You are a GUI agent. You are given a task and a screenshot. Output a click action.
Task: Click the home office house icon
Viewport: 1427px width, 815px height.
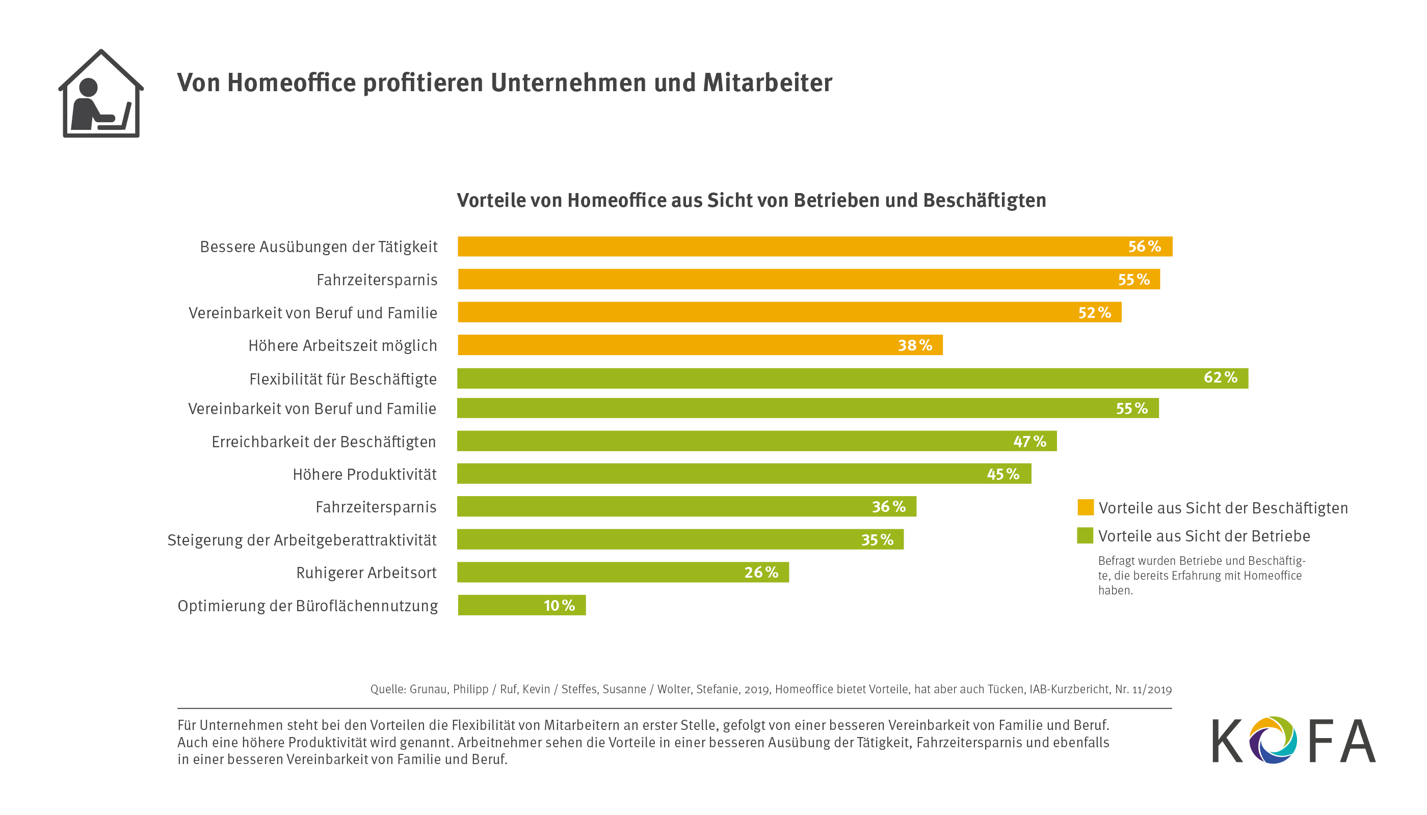point(101,94)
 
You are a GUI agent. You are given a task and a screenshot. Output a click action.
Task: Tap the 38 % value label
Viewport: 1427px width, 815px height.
point(915,345)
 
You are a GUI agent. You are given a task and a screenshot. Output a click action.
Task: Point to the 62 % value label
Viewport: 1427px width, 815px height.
point(1221,378)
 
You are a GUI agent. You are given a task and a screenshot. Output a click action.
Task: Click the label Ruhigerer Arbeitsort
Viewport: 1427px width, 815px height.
point(366,573)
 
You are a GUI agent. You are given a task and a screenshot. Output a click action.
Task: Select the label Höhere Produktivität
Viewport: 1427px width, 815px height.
point(364,475)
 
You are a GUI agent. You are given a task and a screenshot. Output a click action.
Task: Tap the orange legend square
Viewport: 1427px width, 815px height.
point(1086,507)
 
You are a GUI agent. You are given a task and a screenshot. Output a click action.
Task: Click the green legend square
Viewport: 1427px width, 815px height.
point(1085,536)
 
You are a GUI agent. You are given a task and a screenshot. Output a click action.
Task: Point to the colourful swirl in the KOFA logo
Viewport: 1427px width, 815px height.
point(1273,740)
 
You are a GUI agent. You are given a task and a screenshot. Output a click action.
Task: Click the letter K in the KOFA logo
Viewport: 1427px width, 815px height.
point(1227,741)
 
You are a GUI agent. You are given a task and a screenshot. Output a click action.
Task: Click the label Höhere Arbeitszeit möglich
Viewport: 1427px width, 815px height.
point(343,346)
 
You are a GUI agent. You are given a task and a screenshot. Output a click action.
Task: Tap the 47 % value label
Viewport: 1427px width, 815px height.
point(1029,442)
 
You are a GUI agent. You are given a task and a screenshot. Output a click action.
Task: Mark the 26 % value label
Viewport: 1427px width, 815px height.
point(761,573)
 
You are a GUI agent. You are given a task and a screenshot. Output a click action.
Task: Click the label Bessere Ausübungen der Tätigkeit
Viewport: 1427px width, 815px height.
point(319,247)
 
